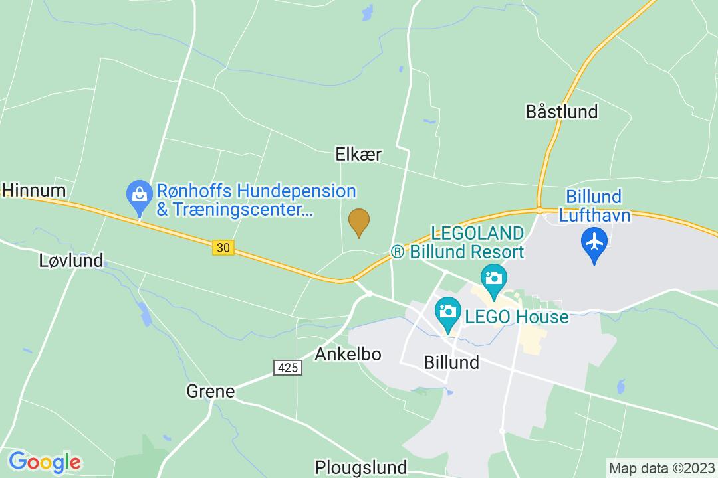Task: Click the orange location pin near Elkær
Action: tap(359, 222)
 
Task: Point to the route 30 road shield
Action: tap(224, 248)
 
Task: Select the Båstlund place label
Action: tap(562, 111)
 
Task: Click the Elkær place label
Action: tap(359, 155)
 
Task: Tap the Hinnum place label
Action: tap(33, 191)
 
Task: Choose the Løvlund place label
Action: tap(72, 260)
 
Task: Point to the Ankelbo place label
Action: tap(348, 354)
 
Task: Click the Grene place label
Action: tap(211, 392)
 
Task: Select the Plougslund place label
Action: tap(360, 466)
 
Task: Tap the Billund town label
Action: tap(451, 362)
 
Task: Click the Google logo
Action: tap(45, 461)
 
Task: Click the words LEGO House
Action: tap(517, 317)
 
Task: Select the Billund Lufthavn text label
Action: tap(594, 206)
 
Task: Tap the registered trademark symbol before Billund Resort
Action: tap(397, 252)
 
